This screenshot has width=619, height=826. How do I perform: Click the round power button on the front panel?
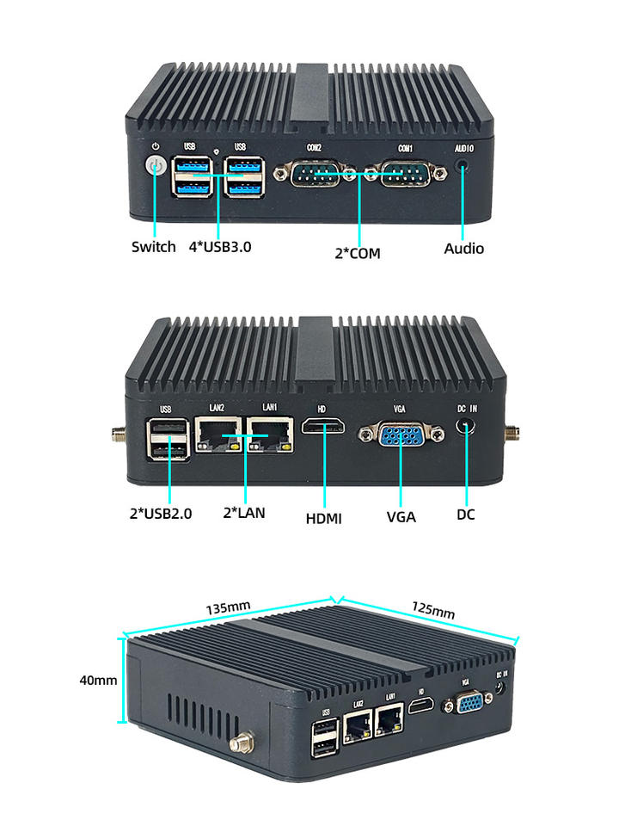156,166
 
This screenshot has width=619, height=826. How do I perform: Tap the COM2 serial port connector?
315,173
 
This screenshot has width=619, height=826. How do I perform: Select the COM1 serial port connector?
405,173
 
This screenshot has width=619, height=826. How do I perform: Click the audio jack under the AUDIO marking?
463,166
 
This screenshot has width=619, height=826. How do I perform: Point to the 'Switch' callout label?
153,247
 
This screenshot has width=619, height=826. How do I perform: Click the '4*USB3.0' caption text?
220,247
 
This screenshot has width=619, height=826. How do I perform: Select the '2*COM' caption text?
358,253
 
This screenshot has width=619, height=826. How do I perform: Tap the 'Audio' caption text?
463,248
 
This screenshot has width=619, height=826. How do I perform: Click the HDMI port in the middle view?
323,425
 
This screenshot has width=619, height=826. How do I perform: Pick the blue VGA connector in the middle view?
401,434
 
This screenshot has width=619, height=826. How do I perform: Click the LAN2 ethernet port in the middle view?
218,435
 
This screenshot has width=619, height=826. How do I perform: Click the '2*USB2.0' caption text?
161,513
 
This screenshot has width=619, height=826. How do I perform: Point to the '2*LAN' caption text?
244,513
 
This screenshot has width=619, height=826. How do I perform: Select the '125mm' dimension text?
433,609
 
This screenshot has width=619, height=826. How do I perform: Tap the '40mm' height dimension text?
98,680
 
